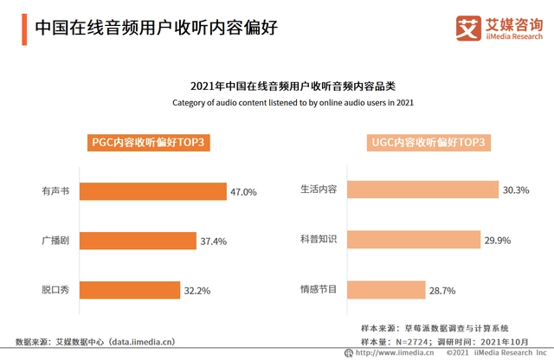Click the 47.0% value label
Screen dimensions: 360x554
click(x=244, y=192)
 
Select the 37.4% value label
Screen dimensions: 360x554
click(x=213, y=241)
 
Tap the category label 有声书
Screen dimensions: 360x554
click(x=57, y=192)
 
